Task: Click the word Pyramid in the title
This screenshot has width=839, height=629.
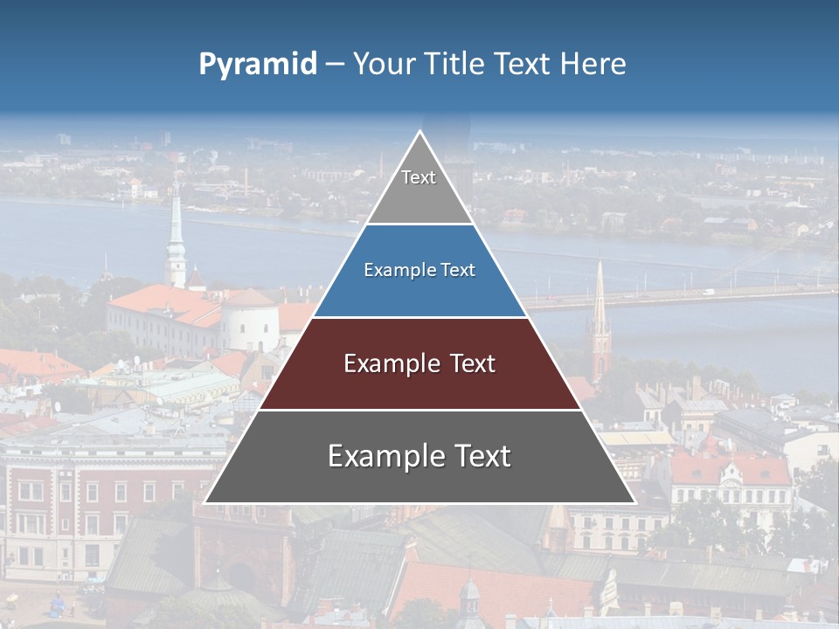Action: point(257,65)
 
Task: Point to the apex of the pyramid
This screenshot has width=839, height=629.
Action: point(420,133)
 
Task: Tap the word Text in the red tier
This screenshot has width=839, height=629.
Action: point(468,363)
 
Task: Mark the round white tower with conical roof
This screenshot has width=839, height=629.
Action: point(249,319)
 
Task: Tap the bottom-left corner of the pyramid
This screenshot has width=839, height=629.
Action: point(205,503)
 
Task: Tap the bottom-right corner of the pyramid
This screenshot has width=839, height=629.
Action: point(635,503)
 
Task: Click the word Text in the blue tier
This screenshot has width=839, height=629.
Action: point(458,271)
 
